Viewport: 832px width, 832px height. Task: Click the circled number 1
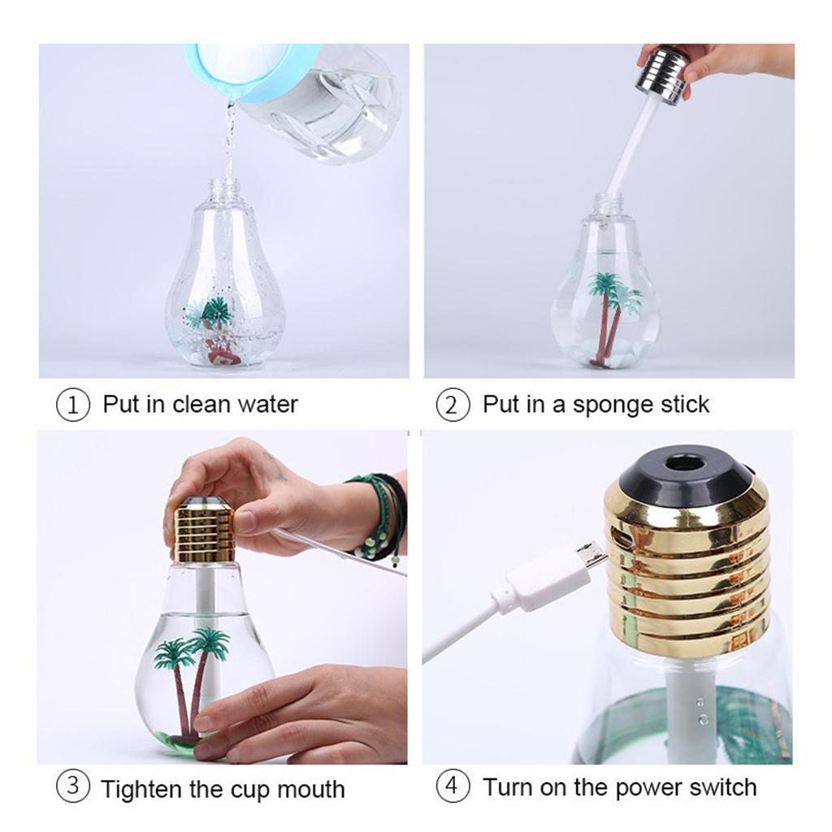pyautogui.click(x=71, y=405)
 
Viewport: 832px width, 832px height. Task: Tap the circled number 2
pyautogui.click(x=453, y=405)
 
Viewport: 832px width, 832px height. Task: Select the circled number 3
pyautogui.click(x=71, y=787)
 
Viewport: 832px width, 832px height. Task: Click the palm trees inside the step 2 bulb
pyautogui.click(x=611, y=313)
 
